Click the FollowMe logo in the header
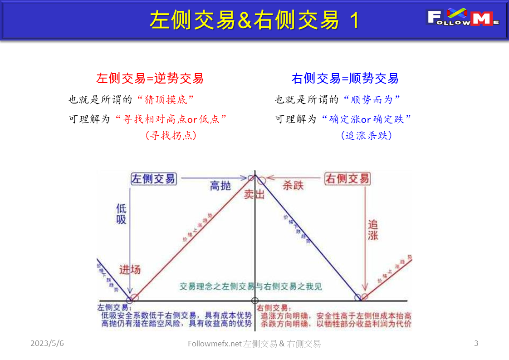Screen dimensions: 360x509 pos(463,18)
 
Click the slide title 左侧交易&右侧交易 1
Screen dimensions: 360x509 pos(254,20)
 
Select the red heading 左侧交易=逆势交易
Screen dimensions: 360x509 pos(150,78)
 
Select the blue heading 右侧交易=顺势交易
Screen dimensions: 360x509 pos(345,78)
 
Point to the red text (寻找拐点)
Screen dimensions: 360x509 pos(171,135)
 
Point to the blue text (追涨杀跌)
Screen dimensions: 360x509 pos(366,135)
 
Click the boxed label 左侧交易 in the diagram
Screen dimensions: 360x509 pos(153,178)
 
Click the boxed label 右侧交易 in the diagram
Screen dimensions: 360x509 pos(347,178)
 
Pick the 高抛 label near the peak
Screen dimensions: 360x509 pos(220,185)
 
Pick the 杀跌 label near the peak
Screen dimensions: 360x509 pos(293,185)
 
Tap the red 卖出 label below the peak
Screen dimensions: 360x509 pos(254,194)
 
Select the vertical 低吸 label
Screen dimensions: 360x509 pos(121,214)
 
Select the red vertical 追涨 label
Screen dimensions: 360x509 pos(373,230)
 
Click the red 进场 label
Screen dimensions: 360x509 pos(130,269)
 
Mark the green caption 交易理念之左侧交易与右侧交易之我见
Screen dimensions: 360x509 pos(251,286)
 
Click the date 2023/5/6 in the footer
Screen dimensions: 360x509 pos(47,344)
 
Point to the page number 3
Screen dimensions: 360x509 pos(476,343)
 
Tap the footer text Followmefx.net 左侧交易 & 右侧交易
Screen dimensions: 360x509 pos(254,344)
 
